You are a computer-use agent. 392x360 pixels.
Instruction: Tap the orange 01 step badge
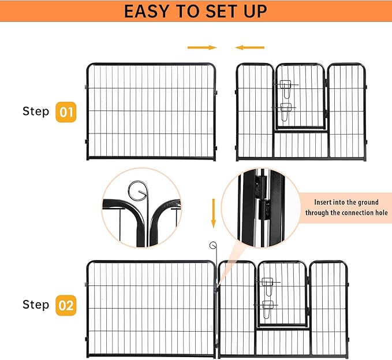tap(66, 112)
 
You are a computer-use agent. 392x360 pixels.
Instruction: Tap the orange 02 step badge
tap(66, 305)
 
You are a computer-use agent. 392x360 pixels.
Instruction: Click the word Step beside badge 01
tap(36, 111)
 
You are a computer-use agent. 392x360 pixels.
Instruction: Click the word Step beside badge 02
tap(36, 304)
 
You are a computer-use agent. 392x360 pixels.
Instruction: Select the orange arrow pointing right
tap(202, 47)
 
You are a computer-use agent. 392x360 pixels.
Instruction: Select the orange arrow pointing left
tap(250, 47)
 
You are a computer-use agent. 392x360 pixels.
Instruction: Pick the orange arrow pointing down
tap(213, 212)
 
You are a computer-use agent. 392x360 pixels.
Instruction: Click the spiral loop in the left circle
tap(139, 191)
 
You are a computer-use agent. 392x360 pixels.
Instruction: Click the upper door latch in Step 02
tap(267, 283)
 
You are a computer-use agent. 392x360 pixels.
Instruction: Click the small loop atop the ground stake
tap(212, 245)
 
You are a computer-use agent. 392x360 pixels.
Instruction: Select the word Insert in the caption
tap(324, 203)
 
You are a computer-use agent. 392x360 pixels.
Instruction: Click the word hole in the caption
tap(381, 213)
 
